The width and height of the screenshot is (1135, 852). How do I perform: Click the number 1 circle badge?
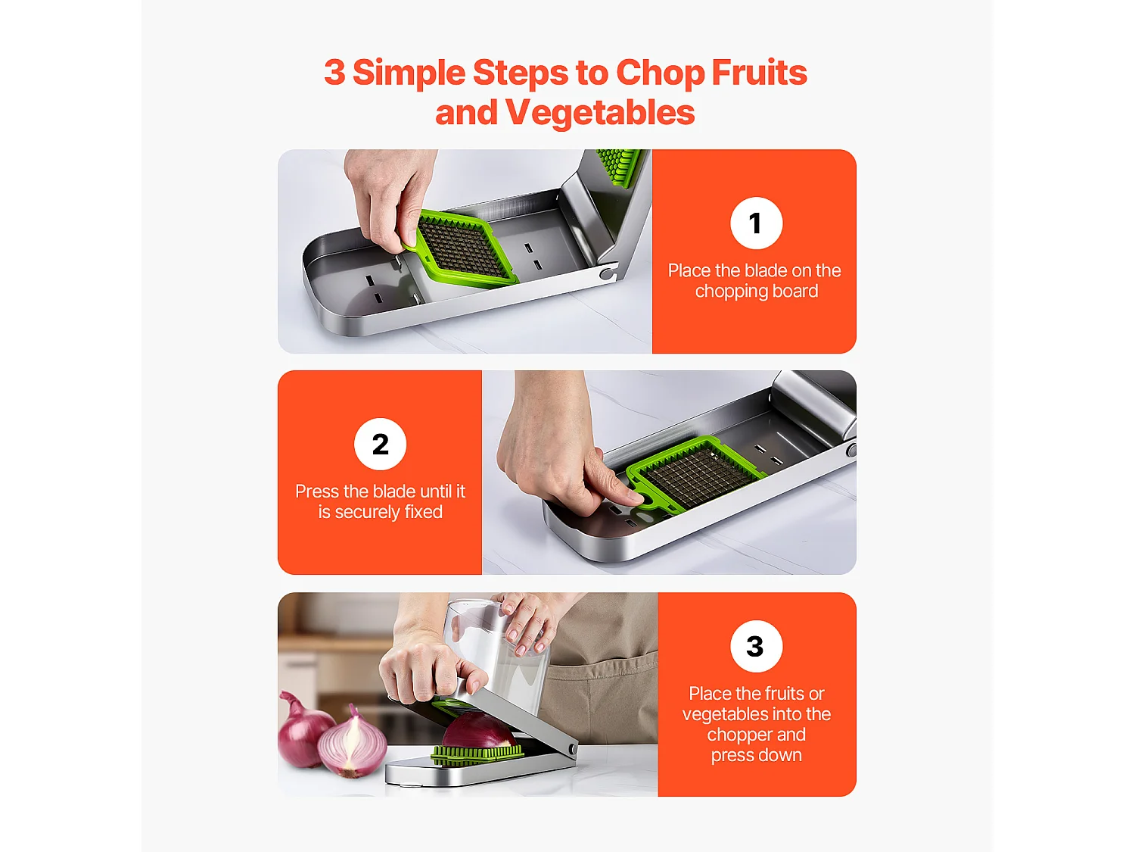[x=756, y=223]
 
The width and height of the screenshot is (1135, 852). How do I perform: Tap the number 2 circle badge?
[x=380, y=444]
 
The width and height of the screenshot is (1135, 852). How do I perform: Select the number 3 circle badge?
[x=756, y=646]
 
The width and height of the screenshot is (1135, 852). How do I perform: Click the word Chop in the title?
[x=660, y=73]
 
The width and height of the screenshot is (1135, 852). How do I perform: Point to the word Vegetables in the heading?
[x=599, y=113]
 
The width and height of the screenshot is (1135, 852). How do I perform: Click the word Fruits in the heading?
[x=759, y=73]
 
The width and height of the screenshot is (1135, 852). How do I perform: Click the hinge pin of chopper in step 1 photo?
[x=606, y=273]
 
